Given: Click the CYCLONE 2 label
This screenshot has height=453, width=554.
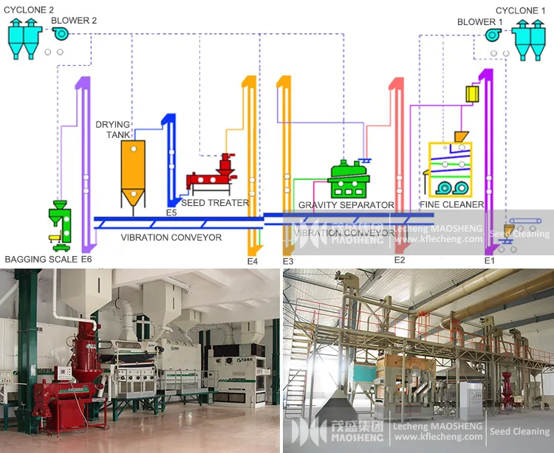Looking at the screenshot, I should coord(29,10).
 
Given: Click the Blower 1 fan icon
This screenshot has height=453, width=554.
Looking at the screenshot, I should coord(495,35).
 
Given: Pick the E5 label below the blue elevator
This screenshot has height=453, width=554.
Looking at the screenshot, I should coord(171,212).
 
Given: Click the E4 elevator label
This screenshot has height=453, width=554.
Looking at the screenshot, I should coord(253,260).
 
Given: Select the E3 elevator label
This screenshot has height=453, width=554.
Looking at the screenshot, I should coord(288,260).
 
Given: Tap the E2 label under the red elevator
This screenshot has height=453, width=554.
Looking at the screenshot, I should coord(400,260).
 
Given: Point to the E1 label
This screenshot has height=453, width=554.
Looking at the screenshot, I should coord(489,260).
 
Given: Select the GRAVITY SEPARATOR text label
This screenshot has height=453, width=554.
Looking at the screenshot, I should coord(346,205).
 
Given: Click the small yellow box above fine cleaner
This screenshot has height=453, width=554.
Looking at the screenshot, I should coord(473,94).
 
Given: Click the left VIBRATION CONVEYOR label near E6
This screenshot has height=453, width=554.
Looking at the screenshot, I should coord(171,238).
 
